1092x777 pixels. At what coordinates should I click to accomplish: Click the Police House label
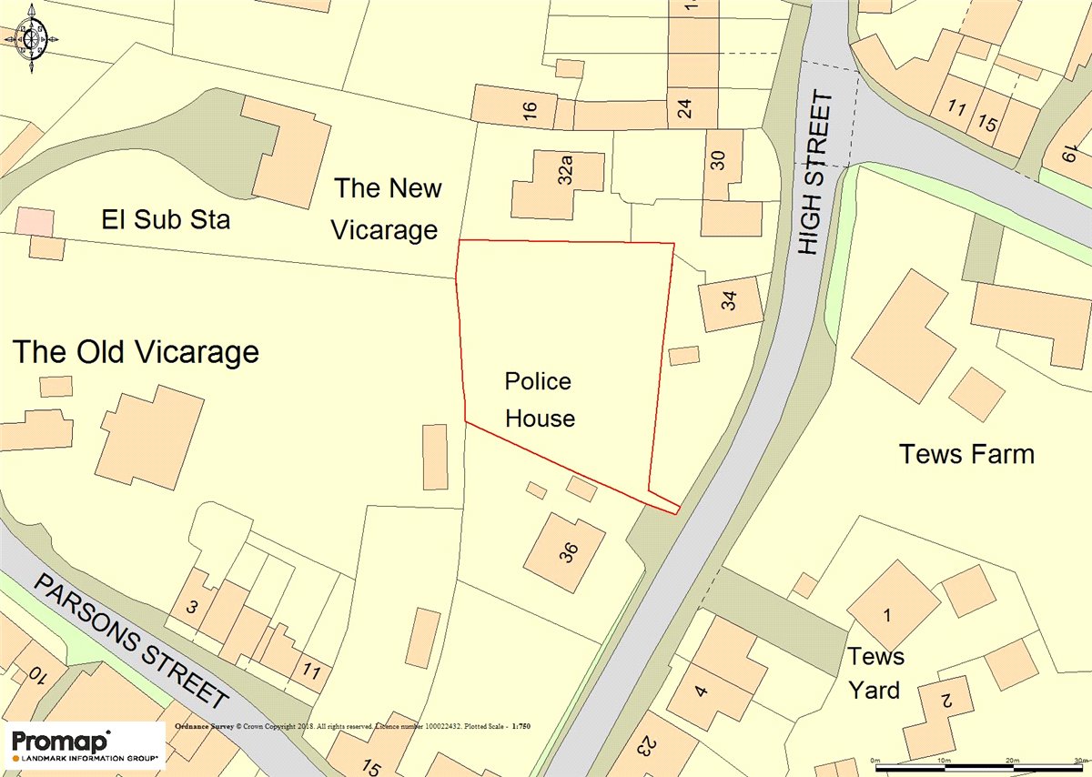coord(540,399)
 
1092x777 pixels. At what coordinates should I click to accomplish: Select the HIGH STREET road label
coord(815,173)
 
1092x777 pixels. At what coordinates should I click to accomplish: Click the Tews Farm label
coord(966,454)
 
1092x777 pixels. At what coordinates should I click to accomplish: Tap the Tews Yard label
coord(875,673)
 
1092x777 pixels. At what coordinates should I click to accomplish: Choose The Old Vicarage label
coord(136,352)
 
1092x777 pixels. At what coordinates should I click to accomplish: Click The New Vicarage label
coord(386,209)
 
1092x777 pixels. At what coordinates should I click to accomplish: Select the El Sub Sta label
coord(166,219)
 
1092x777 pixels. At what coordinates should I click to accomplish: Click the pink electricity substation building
coord(35,221)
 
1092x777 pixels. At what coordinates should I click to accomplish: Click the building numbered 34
coord(730,303)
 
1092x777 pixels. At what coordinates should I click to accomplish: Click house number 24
coord(685,109)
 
